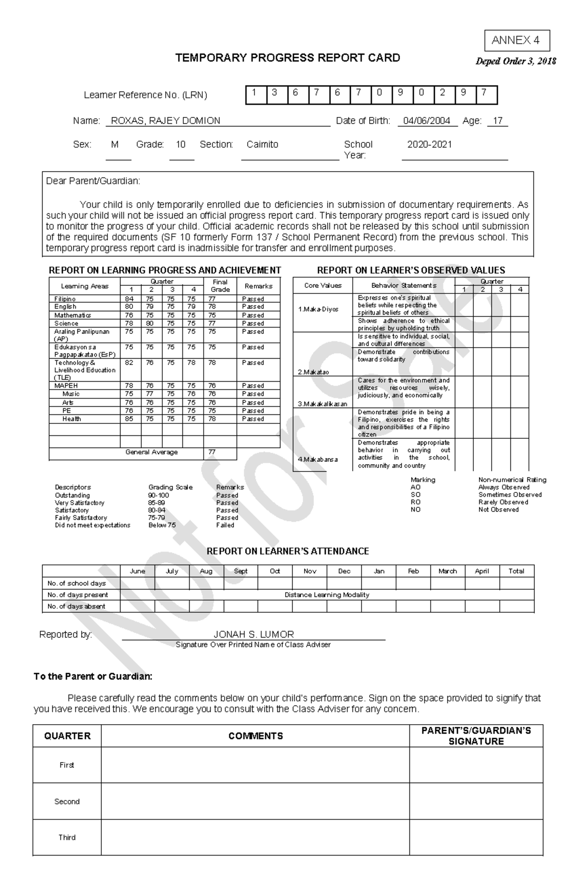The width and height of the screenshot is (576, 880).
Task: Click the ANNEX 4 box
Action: [516, 41]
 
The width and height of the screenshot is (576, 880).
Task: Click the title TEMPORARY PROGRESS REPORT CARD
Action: [288, 58]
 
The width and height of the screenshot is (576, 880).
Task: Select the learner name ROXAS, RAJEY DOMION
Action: [166, 121]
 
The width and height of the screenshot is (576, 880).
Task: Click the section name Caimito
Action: [262, 144]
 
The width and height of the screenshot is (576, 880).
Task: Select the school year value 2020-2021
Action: [429, 144]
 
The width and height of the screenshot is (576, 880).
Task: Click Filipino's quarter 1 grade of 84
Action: [129, 299]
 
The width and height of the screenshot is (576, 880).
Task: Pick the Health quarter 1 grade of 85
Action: [129, 419]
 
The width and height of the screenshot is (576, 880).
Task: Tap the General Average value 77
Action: [212, 452]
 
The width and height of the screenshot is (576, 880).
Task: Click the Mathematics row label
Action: [72, 315]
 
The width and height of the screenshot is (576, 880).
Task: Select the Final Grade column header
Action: [220, 286]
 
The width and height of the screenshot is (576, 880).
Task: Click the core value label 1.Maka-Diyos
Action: [318, 309]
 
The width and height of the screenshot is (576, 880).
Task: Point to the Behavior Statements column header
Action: [403, 285]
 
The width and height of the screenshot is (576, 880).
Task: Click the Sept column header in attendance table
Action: [240, 571]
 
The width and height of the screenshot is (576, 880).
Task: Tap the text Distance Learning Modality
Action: [326, 595]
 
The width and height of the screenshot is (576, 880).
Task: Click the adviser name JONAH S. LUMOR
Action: [253, 634]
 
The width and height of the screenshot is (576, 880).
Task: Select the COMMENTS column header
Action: [255, 736]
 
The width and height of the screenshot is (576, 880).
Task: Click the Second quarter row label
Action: [67, 801]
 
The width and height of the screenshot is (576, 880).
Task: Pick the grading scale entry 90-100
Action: [158, 495]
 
